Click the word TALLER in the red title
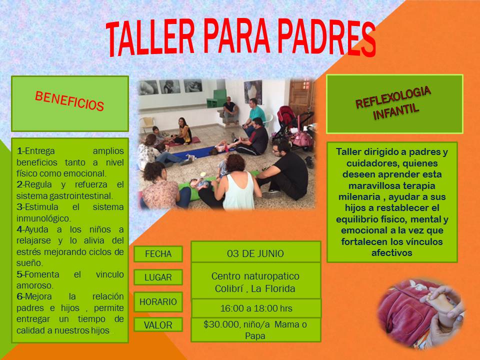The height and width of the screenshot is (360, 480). click(150, 38)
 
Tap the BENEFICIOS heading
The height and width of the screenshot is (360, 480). click(69, 101)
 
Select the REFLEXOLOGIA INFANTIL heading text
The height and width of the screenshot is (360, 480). click(393, 103)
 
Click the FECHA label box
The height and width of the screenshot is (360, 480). click(158, 254)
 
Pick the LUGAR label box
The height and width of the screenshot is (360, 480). click(158, 277)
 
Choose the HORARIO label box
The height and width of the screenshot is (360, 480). click(158, 302)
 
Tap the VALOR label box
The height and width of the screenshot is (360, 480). click(158, 325)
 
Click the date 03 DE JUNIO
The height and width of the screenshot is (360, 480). click(255, 254)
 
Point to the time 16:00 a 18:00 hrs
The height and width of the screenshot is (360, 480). click(256, 308)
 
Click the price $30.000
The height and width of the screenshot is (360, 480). click(221, 324)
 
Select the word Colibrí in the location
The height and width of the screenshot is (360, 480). click(229, 288)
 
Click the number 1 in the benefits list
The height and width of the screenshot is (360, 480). click(19, 151)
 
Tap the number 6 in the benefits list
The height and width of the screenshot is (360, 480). click(19, 296)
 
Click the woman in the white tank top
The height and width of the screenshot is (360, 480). click(238, 183)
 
